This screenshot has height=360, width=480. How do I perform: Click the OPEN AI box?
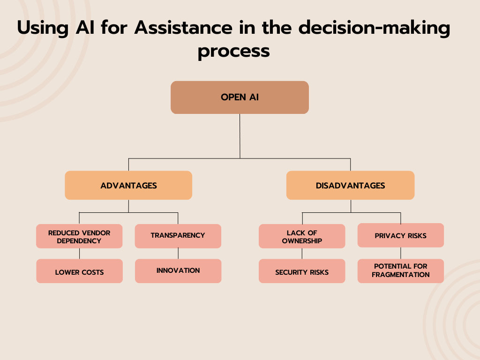point(240,97)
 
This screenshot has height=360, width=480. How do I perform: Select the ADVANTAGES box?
point(128,186)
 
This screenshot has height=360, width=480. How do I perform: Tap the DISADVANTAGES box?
point(350,186)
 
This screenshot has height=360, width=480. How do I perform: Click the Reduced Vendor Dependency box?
point(79,236)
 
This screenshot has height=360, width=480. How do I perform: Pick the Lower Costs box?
point(79,271)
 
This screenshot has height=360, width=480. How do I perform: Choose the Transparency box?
point(178,235)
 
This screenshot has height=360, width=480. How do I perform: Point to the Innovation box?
point(178,270)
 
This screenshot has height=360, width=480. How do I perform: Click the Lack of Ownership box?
point(302,236)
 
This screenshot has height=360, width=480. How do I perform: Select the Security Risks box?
point(302,271)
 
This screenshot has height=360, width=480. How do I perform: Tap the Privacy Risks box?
point(400,235)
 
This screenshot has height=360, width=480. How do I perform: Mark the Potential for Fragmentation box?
point(400,270)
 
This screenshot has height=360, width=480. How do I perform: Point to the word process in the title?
point(233,51)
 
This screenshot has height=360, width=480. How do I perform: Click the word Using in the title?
point(42,28)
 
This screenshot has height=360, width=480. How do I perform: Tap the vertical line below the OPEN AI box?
point(240,136)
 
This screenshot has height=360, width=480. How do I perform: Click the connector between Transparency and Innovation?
point(178,254)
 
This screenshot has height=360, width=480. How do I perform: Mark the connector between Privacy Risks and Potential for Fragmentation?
point(401,253)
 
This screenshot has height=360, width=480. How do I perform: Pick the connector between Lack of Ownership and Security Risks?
point(302,254)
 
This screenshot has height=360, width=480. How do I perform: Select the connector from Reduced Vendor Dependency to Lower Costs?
point(79,254)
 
